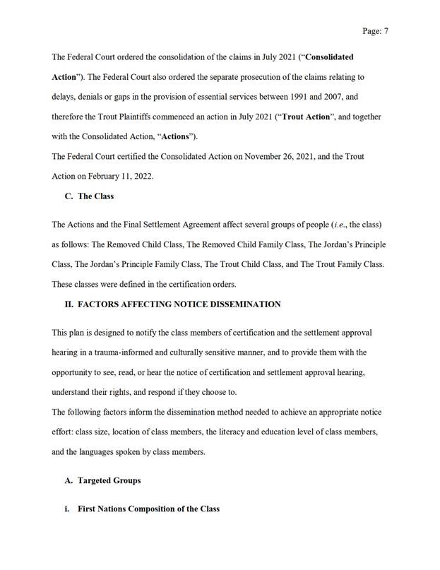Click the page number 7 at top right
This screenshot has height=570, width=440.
click(x=386, y=31)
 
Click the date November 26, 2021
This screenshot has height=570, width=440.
click(x=279, y=156)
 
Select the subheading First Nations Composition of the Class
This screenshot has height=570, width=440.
click(x=148, y=509)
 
